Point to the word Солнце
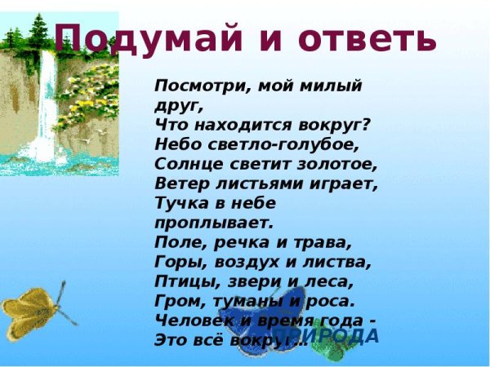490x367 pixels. coord(182,164)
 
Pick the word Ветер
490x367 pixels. coord(176,183)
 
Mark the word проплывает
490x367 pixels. coord(209,222)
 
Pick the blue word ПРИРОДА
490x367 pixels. coord(343,336)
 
